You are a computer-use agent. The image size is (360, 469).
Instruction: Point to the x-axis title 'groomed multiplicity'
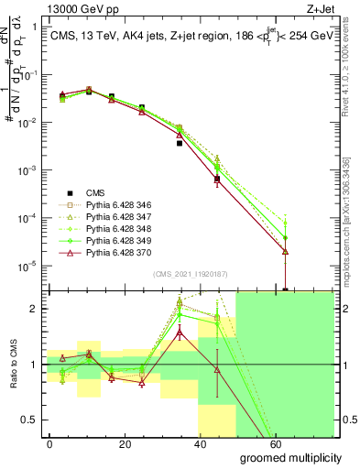pos(290,456)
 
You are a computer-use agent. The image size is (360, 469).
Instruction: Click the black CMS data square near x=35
pos(180,143)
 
